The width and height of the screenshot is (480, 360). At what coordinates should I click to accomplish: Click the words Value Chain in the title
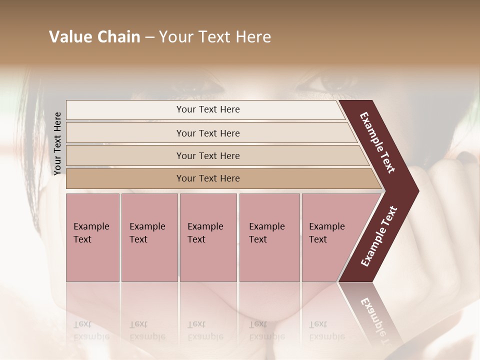click(x=94, y=37)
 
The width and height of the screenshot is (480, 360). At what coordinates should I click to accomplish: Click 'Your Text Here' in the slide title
click(x=215, y=37)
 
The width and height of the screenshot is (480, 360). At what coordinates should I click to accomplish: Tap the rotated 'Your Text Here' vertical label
click(x=57, y=143)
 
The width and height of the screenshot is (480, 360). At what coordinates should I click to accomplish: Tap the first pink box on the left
click(x=92, y=237)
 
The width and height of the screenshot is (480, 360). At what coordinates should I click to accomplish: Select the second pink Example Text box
click(x=149, y=237)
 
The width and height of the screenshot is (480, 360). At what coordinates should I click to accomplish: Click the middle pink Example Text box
click(x=208, y=237)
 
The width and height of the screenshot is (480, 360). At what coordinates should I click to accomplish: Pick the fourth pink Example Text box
click(x=269, y=237)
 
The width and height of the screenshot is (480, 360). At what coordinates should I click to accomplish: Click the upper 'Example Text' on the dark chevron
click(x=377, y=142)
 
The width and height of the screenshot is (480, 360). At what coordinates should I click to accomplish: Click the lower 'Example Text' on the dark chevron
click(x=379, y=236)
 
